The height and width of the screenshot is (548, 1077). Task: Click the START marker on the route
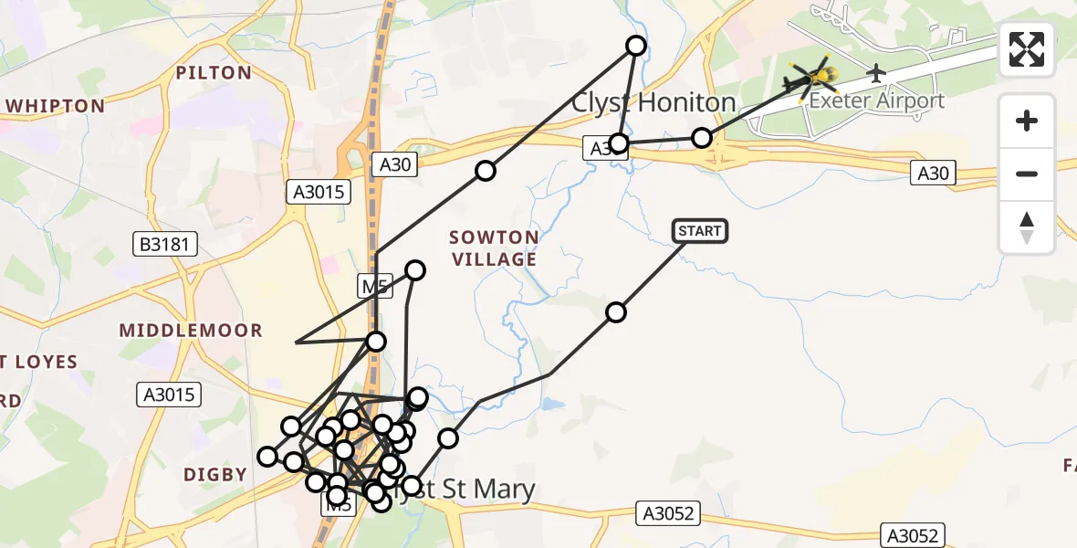pos(700,231)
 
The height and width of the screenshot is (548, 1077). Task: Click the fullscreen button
pos(1027,49)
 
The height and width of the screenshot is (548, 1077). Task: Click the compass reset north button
pos(1027,227)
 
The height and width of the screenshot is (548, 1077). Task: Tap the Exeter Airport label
pos(876,100)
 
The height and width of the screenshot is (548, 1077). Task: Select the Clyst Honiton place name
pos(654,102)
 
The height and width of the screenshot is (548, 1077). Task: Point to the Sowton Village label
pos(494,248)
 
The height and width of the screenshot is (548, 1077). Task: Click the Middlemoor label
pos(191,331)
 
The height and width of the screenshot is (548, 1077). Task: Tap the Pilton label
pos(213,73)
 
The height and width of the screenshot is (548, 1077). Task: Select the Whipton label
pos(55,106)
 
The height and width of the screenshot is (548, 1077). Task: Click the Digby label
pos(215,474)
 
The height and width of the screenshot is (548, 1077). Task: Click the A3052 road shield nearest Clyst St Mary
pos(668,514)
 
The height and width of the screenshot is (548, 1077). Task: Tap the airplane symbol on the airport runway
pos(877,71)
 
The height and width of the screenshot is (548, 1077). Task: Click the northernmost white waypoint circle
pos(636,46)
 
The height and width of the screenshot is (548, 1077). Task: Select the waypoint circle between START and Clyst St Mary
pos(616,312)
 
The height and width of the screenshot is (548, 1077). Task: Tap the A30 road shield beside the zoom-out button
pos(933,173)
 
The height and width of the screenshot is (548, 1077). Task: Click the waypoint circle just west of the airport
pos(701,138)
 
